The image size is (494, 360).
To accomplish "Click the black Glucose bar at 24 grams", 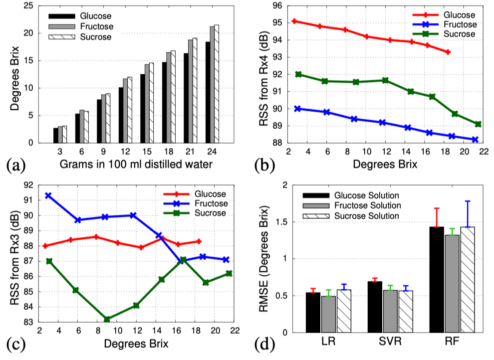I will click(x=207, y=93).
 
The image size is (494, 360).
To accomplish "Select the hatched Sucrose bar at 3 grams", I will click(x=64, y=135).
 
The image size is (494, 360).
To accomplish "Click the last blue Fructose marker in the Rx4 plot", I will click(x=475, y=140).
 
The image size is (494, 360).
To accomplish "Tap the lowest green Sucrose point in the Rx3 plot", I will click(x=107, y=319).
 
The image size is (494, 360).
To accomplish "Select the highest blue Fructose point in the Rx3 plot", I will click(x=48, y=195).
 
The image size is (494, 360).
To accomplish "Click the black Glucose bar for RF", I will click(x=437, y=279).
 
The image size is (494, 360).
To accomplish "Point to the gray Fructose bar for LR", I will click(x=328, y=314).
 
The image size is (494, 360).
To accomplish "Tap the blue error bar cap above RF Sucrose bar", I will click(x=468, y=201).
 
